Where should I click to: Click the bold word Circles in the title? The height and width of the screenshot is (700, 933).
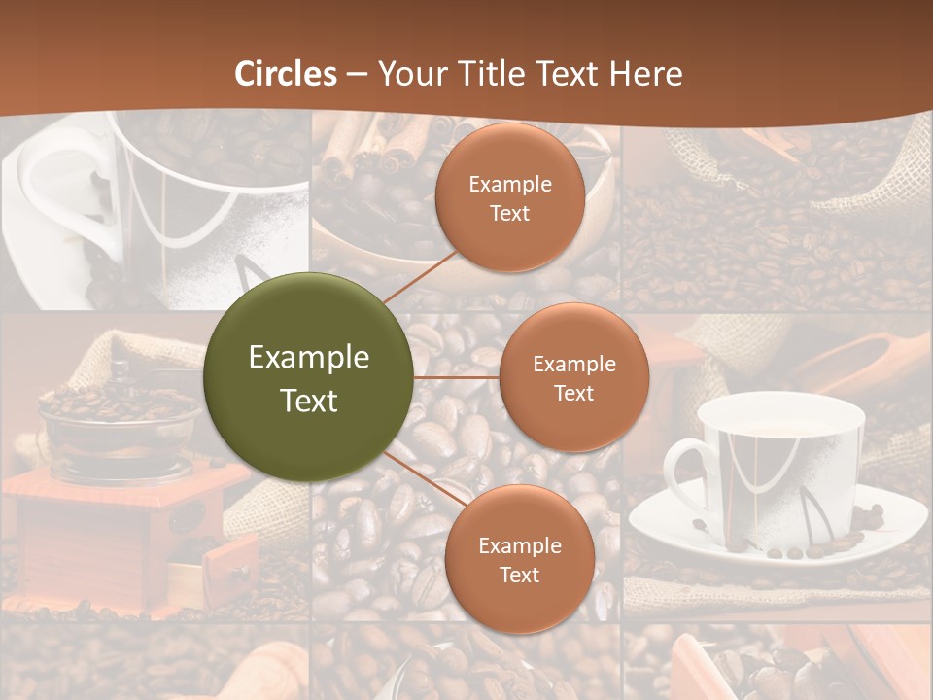286,74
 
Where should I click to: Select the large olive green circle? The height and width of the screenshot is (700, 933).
309,377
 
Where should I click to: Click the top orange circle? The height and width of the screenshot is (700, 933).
509,198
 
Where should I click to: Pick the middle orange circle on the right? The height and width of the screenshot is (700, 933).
573,377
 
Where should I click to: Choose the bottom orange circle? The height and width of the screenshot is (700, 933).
519,560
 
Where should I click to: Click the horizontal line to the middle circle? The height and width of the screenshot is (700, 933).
457,377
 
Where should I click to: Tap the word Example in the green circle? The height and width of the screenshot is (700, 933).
309,358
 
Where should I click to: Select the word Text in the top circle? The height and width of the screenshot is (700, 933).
509,213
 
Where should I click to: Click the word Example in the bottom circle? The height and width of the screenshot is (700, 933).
519,545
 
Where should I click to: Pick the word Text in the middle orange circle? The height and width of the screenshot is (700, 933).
573,393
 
